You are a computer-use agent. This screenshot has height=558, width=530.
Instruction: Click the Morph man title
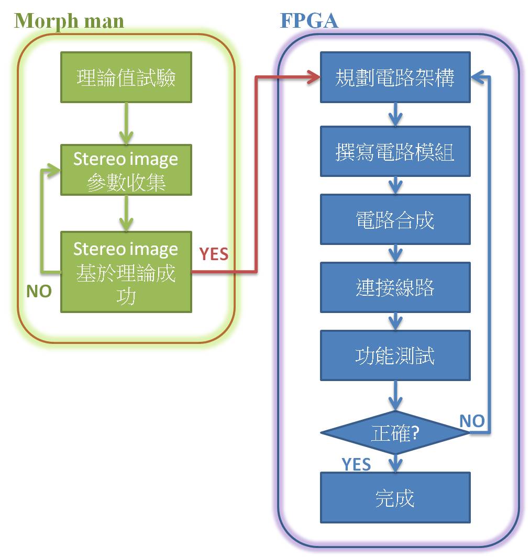point(69,20)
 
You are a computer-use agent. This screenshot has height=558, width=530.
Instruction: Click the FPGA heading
point(309,20)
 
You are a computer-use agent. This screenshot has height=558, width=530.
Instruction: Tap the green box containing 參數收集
point(126,170)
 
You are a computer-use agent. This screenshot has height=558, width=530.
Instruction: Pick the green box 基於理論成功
point(126,272)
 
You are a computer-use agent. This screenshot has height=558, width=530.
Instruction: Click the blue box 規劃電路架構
point(395,77)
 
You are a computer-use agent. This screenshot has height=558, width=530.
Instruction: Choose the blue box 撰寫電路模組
point(395,151)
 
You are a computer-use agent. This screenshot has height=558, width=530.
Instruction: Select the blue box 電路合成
point(395,219)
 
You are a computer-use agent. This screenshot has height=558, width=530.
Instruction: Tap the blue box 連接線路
point(395,287)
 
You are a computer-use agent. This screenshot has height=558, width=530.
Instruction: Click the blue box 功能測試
point(395,355)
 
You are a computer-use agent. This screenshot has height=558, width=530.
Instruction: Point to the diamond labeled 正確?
point(395,433)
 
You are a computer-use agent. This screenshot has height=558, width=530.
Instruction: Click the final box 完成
point(395,497)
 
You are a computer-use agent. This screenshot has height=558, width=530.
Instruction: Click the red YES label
point(214,254)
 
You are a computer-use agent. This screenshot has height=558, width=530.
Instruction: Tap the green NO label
point(39,292)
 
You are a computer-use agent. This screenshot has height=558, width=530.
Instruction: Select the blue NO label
point(472,420)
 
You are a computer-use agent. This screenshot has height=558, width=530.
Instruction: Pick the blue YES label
point(356,464)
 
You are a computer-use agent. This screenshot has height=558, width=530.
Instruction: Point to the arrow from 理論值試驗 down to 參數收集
point(126,124)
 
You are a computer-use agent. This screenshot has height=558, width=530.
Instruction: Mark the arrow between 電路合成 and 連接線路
point(395,253)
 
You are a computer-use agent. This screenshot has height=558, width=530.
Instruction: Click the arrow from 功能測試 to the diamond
point(395,395)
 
